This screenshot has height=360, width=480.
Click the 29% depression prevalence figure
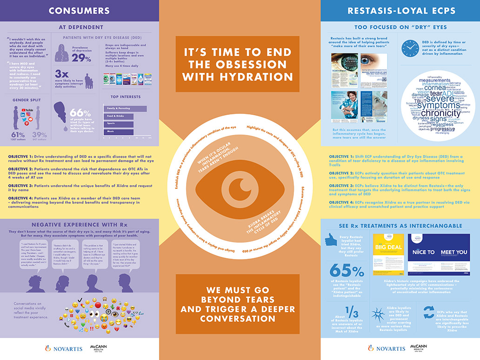pyautogui.click(x=81, y=58)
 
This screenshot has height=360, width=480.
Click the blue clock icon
pyautogui.click(x=410, y=48)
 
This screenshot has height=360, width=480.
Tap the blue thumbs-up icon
pyautogui.click(x=337, y=240)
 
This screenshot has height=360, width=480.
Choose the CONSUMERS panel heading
pyautogui.click(x=79, y=10)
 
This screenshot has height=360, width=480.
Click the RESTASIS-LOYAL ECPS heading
pyautogui.click(x=400, y=10)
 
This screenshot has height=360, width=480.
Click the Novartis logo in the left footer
pyautogui.click(x=62, y=348)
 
